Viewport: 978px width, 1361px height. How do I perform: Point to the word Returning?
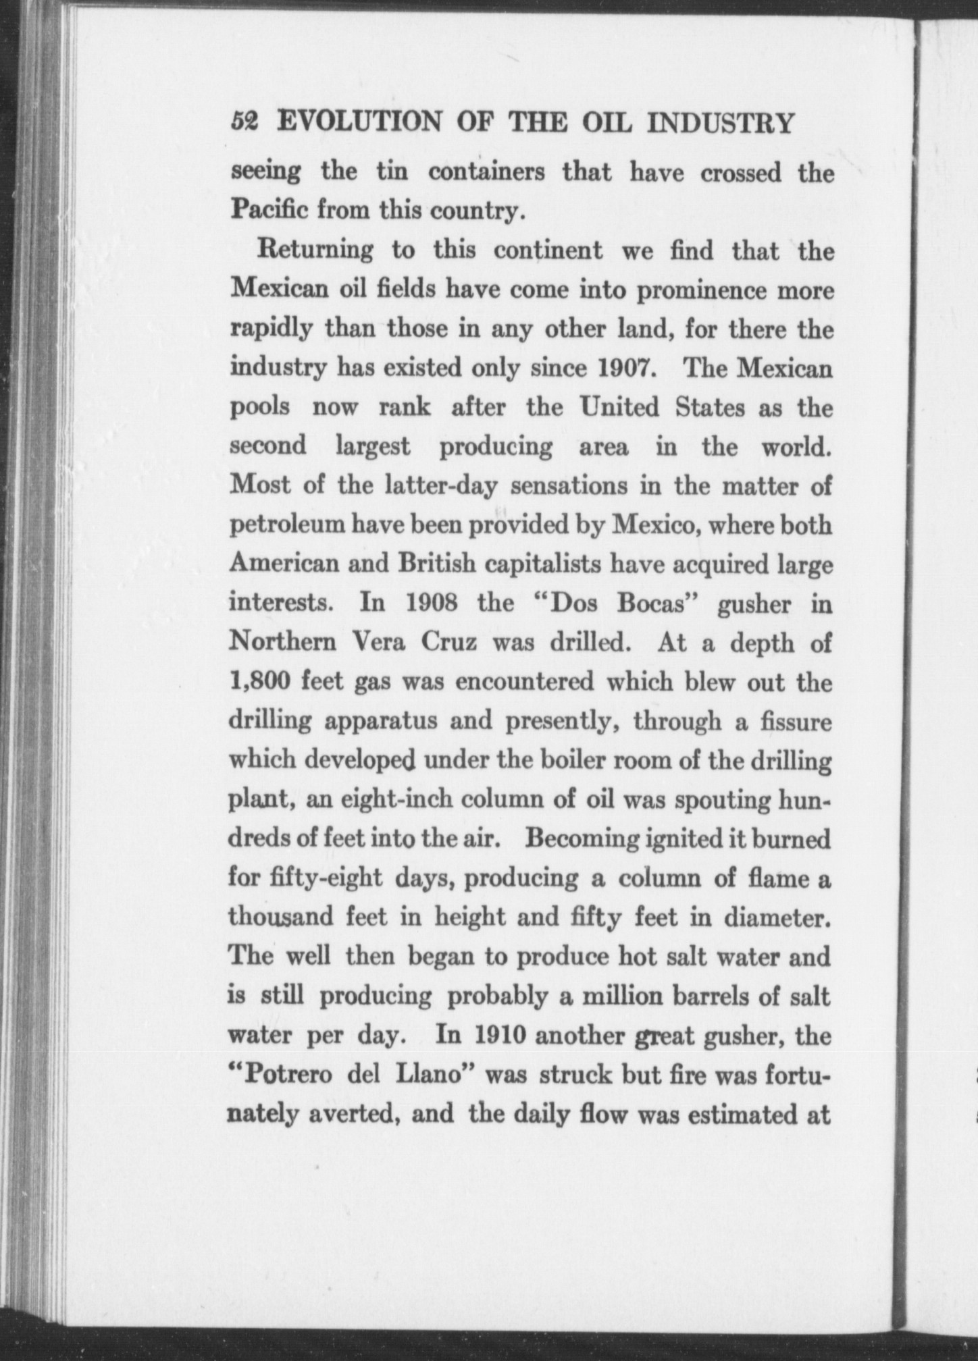click(315, 251)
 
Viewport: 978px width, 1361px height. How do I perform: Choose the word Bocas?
click(649, 603)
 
